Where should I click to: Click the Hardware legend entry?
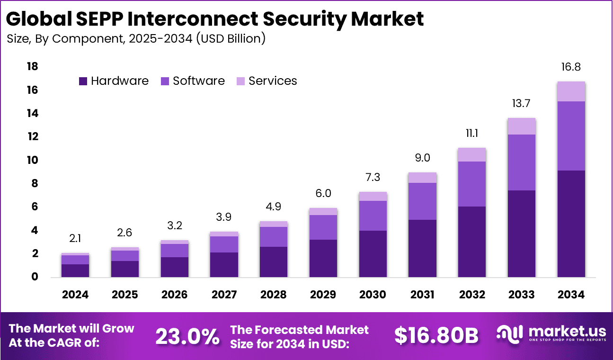114,81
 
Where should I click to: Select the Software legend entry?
193,81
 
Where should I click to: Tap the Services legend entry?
267,81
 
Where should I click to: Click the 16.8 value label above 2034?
571,67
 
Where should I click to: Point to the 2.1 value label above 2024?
75,238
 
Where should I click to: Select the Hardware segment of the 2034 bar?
571,224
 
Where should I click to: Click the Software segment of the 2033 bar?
522,162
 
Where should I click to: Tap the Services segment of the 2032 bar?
472,154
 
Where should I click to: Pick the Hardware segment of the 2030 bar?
373,253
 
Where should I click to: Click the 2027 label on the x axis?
224,295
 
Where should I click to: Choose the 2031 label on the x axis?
422,295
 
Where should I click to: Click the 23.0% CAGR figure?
187,336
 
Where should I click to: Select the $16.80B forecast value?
436,336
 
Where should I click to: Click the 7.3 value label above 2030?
373,177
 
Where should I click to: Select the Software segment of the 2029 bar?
323,227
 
